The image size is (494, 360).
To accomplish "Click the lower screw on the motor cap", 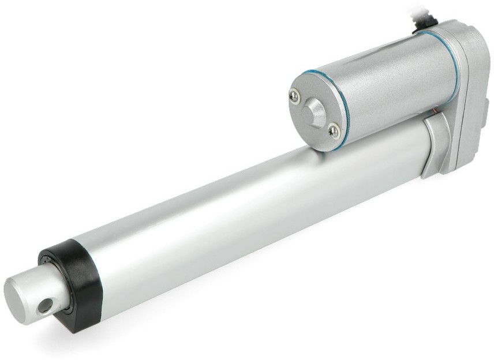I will [x=334, y=132].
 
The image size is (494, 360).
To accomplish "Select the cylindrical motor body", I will [x=381, y=87].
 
